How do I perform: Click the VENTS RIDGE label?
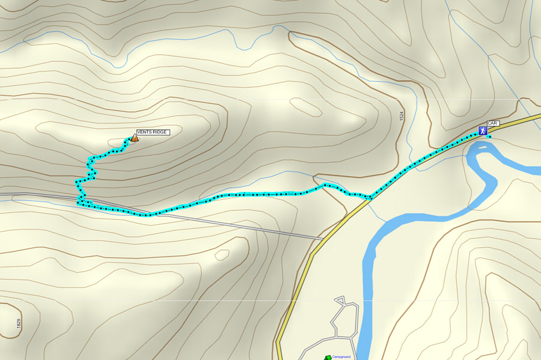pyautogui.click(x=153, y=132)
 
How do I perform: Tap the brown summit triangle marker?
pyautogui.click(x=135, y=138)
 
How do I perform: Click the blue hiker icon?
pyautogui.click(x=483, y=130)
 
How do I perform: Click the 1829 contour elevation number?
pyautogui.click(x=19, y=323)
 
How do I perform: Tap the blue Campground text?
pyautogui.click(x=341, y=357)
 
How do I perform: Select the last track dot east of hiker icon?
pyautogui.click(x=491, y=137)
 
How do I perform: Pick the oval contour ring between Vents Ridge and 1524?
pyautogui.click(x=307, y=106)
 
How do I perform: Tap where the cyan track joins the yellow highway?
pyautogui.click(x=370, y=198)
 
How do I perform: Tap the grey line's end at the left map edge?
pyautogui.click(x=1, y=194)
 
